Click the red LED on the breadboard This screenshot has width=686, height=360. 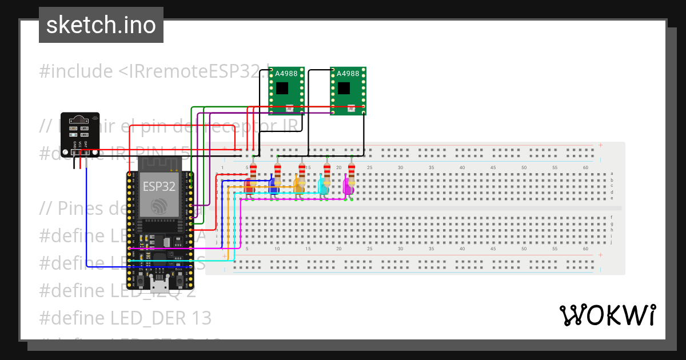click(x=249, y=186)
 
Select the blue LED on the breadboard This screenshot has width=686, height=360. click(x=274, y=186)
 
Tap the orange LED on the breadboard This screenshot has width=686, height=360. click(x=298, y=186)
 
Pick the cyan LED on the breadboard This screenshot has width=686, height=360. click(x=323, y=186)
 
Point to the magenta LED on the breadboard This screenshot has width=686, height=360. click(x=348, y=186)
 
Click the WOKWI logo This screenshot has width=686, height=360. click(x=607, y=315)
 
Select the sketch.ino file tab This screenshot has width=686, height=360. click(x=101, y=25)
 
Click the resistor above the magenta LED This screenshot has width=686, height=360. click(x=351, y=170)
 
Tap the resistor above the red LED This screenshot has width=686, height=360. click(x=253, y=170)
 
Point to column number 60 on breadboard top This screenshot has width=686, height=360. click(x=585, y=167)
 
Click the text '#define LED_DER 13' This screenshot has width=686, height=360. click(x=125, y=318)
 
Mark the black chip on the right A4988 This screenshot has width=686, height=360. click(x=344, y=88)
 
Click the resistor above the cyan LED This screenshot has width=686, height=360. click(x=326, y=170)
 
